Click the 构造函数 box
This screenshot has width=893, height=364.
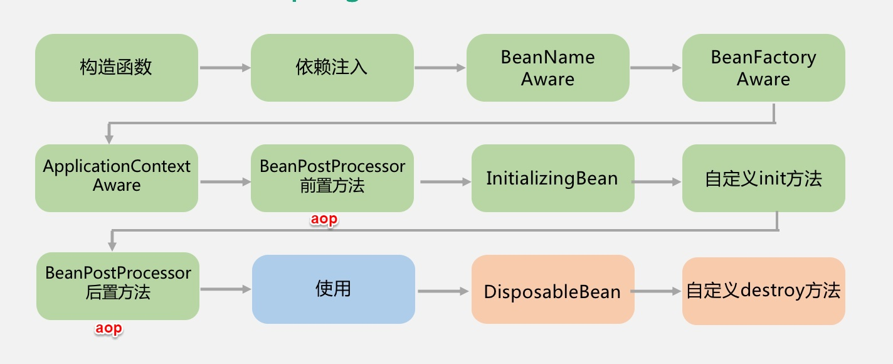(x=117, y=68)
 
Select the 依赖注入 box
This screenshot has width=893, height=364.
(x=332, y=68)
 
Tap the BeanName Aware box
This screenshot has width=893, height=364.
(x=547, y=68)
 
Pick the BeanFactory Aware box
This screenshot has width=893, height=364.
(x=763, y=68)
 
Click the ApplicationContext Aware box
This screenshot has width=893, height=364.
(x=117, y=178)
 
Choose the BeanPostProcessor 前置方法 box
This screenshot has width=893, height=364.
(x=332, y=178)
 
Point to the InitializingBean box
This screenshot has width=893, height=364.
(x=552, y=178)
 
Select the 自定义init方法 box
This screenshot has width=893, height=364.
(x=763, y=178)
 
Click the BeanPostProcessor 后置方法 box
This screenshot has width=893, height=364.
(x=118, y=286)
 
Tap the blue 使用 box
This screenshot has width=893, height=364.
(x=333, y=289)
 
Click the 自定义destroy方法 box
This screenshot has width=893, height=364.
(x=763, y=291)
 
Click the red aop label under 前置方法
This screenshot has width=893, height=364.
(x=324, y=220)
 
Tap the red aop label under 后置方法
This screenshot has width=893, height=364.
(x=108, y=329)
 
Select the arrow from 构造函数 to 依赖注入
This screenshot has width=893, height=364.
(x=225, y=68)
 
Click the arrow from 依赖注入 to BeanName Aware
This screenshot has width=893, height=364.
(x=440, y=68)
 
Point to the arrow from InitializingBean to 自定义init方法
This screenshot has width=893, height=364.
(x=657, y=182)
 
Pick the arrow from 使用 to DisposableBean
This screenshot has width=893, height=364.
(x=443, y=291)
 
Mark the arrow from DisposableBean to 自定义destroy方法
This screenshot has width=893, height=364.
(x=657, y=291)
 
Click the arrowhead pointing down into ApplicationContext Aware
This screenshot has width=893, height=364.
(x=109, y=137)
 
